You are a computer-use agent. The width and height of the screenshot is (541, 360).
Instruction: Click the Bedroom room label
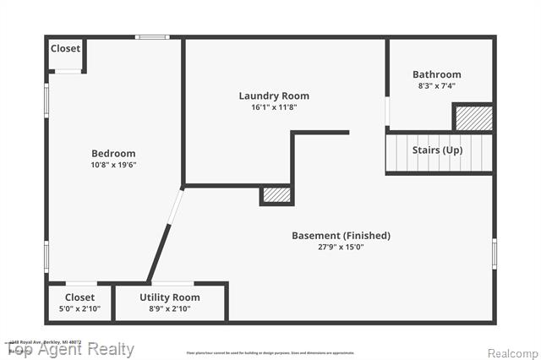point(113,153)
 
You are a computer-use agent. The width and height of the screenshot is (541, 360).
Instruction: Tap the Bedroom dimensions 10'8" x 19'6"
point(113,165)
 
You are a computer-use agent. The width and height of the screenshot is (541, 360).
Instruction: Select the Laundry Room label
point(274,95)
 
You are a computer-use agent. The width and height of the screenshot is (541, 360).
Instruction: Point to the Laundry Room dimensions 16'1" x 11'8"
point(274,107)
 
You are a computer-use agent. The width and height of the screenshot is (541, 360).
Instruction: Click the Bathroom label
point(437,74)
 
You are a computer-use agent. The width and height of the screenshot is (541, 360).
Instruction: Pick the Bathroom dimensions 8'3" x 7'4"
point(437,85)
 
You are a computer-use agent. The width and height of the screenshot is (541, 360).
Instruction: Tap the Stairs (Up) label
point(437,150)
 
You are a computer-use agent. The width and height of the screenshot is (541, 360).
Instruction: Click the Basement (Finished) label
point(341,236)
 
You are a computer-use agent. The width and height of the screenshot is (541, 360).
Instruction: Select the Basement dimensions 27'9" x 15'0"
point(341,248)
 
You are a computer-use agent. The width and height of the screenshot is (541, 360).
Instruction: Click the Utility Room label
point(170,297)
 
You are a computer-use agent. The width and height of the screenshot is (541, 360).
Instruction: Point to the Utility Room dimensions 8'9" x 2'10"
point(170,309)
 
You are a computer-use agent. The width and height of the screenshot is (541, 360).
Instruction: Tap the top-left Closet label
point(65,48)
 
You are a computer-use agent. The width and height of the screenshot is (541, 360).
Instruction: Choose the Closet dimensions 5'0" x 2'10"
point(79,309)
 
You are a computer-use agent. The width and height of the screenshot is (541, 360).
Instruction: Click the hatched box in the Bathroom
point(473,117)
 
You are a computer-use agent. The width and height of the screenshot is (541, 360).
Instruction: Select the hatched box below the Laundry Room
point(276,195)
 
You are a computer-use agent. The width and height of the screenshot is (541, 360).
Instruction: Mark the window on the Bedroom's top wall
point(152,36)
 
